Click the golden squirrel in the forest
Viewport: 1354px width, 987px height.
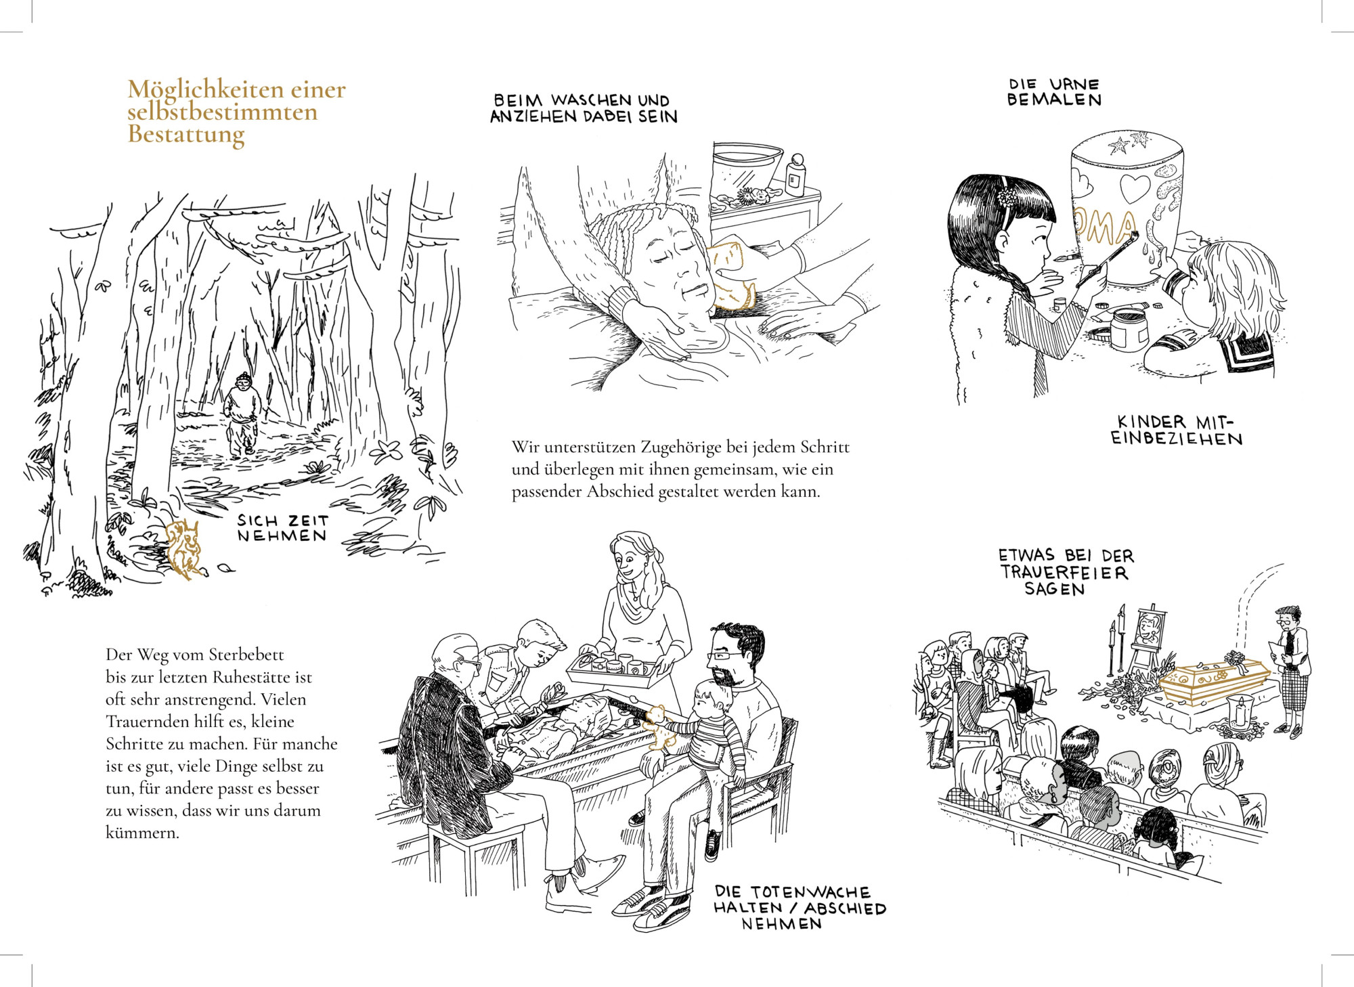coord(184,548)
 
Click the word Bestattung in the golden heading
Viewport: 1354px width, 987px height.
coord(186,135)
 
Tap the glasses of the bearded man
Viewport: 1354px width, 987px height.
coord(724,655)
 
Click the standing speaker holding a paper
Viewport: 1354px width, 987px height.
coord(1292,670)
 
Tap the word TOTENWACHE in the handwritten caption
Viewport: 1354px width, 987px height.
coord(810,892)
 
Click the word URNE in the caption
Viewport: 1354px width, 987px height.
coord(1074,84)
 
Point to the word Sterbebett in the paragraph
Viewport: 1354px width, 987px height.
coord(246,655)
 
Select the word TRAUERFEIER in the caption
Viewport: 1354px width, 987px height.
coord(1064,572)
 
